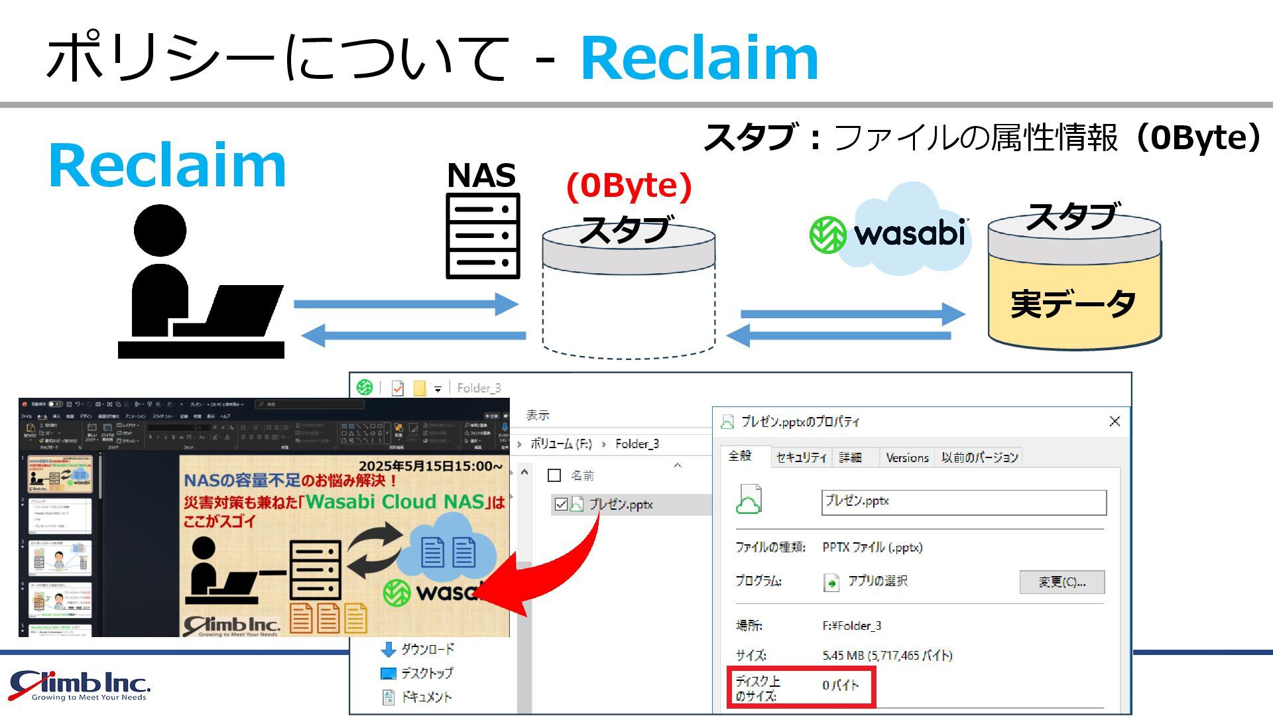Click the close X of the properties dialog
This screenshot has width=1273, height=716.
tap(1115, 422)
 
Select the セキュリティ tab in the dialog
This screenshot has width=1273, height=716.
tap(801, 457)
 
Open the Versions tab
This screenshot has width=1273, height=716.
tap(907, 457)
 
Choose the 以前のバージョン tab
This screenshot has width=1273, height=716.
tap(979, 457)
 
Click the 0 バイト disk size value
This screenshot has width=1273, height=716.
tap(840, 686)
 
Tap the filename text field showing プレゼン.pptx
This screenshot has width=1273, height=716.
tap(963, 502)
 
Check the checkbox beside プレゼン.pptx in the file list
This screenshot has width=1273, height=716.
tap(561, 505)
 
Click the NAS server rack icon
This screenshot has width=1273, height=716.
tap(483, 235)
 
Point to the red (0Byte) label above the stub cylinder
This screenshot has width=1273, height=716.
tap(629, 186)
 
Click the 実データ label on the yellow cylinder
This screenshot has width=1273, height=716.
tap(1073, 304)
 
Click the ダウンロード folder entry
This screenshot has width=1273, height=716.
tap(427, 649)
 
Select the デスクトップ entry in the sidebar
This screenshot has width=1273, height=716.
tap(426, 674)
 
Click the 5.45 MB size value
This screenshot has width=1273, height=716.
tap(887, 656)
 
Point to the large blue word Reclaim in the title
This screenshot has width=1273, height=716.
tap(699, 58)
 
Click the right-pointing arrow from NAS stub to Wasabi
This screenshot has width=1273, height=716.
tap(852, 314)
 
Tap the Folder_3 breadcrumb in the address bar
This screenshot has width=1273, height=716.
tap(636, 444)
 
